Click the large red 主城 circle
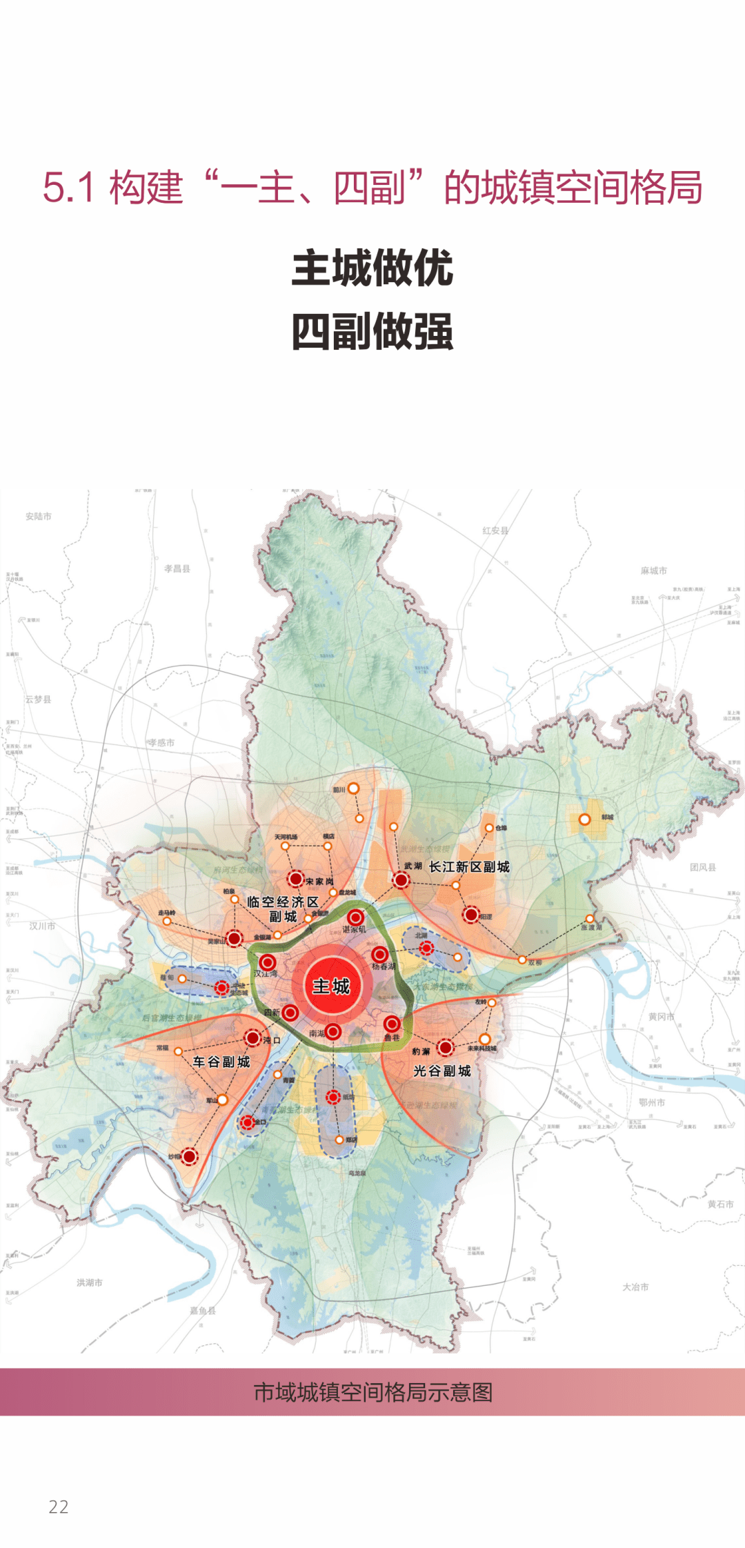(x=332, y=986)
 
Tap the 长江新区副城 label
(x=469, y=867)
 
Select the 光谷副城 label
(x=442, y=1071)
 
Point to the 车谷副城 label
(x=221, y=1062)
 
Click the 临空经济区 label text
(x=283, y=902)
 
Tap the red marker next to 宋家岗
(x=295, y=879)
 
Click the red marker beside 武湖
(x=401, y=880)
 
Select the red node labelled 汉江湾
(x=268, y=963)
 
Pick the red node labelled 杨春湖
(x=380, y=955)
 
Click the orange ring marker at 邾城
(x=584, y=820)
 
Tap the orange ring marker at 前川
(x=353, y=788)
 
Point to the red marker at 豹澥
(x=446, y=1048)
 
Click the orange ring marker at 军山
(x=223, y=1100)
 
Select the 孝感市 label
(x=161, y=743)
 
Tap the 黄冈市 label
(x=661, y=1017)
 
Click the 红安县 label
(x=495, y=530)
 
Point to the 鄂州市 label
(x=652, y=1102)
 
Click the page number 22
(x=59, y=1507)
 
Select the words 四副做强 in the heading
(x=372, y=332)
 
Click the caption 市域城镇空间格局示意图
(x=372, y=1393)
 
